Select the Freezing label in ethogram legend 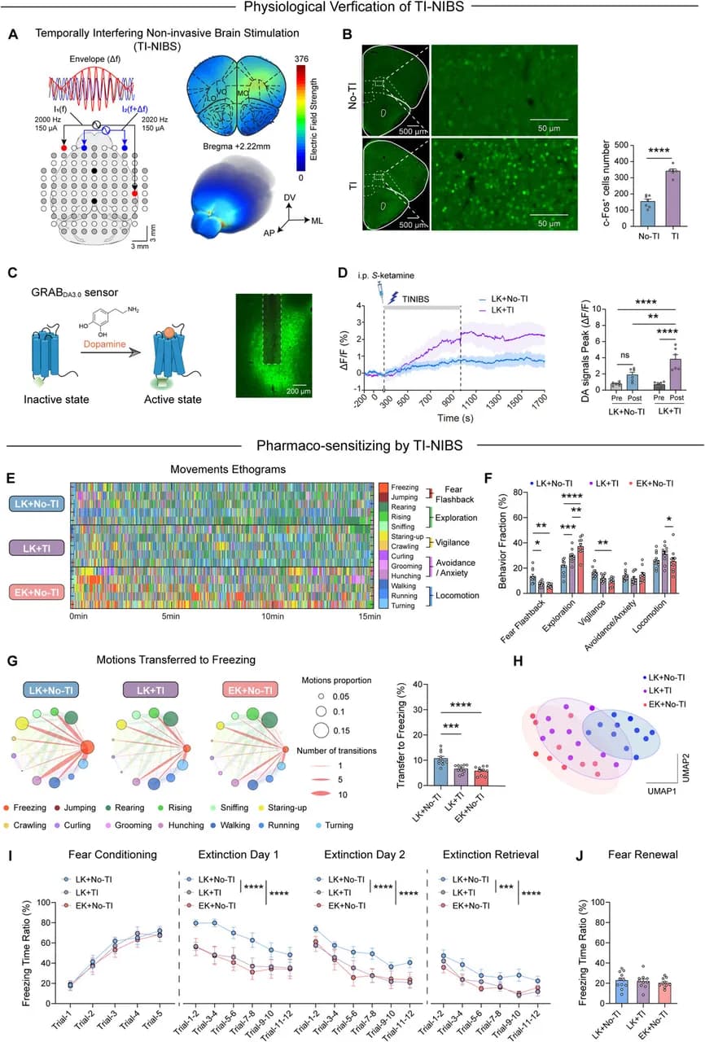pos(404,486)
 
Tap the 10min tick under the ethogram pos(274,616)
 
